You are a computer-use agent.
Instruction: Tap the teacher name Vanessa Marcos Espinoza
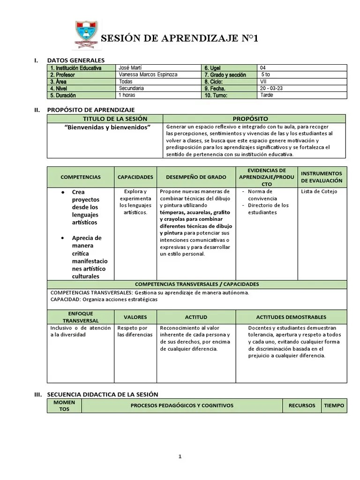coord(148,75)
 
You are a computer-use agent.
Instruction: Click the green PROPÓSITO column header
coord(254,119)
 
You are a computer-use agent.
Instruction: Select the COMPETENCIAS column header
coord(81,177)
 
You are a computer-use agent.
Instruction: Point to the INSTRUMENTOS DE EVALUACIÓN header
coord(322,177)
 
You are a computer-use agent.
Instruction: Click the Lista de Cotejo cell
coord(319,191)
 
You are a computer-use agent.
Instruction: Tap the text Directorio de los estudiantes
coord(268,209)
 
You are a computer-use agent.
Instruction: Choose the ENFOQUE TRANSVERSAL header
coord(81,317)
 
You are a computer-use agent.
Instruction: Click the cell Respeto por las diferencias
coord(135,331)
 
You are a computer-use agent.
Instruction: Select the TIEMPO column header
coord(334,405)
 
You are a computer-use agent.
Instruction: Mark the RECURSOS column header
coord(302,405)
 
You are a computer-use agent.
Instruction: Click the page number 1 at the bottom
coord(180,457)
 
